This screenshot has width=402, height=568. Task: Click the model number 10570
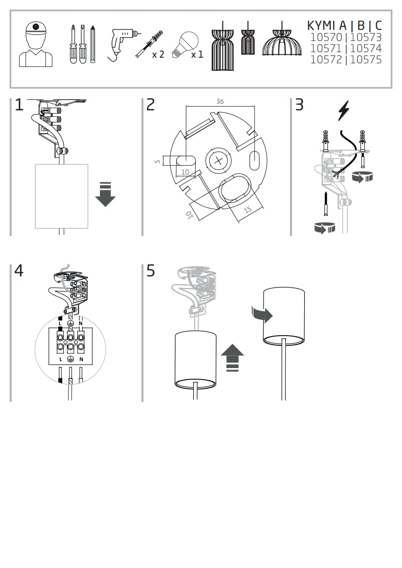tap(326, 37)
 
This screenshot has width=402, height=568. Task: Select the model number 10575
tap(366, 60)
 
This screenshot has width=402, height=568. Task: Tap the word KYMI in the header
tap(321, 25)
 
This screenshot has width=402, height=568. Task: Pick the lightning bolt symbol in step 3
tap(344, 111)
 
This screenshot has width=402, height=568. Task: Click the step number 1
tap(19, 105)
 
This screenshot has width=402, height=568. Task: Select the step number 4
tap(19, 270)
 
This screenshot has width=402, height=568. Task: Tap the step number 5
tap(151, 270)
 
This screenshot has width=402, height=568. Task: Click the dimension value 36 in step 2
tap(220, 101)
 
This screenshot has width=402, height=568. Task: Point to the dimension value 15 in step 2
tap(248, 209)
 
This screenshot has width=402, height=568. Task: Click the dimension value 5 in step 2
tap(157, 161)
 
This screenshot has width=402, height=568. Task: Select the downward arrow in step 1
tap(105, 194)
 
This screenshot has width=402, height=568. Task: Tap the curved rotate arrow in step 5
tap(262, 315)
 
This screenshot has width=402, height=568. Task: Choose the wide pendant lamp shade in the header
tap(281, 43)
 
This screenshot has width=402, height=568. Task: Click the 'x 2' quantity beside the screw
tap(158, 54)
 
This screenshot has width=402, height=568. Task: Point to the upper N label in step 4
tap(81, 323)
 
